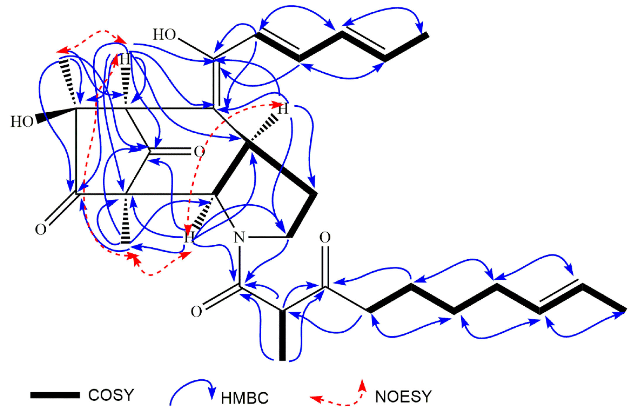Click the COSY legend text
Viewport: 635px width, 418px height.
111,395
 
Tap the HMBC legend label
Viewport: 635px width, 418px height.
245,398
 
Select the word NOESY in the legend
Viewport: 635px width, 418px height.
403,397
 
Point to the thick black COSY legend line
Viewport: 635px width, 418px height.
55,395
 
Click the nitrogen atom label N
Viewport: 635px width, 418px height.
239,237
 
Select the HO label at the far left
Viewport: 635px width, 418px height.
22,122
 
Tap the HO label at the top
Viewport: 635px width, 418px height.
164,34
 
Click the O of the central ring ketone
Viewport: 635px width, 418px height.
199,151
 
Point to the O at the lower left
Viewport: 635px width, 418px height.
41,229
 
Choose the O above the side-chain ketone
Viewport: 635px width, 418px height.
325,237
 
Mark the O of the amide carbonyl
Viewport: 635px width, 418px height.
196,312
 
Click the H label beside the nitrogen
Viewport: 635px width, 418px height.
189,237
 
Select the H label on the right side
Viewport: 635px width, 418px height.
283,110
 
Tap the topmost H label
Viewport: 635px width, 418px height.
125,59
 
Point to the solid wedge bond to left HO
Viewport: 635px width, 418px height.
56,115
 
